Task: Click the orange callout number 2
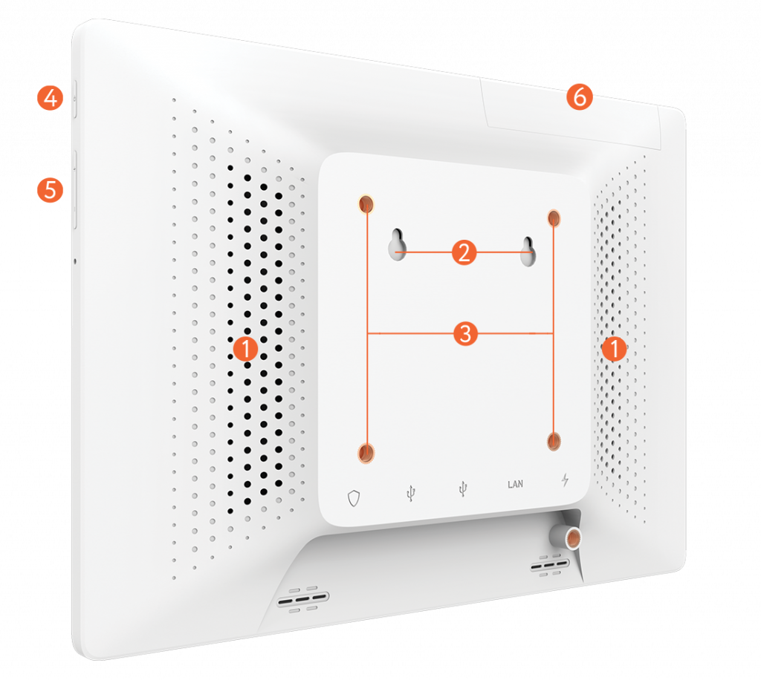pyautogui.click(x=464, y=252)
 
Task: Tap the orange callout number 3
pyautogui.click(x=465, y=333)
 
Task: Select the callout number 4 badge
pyautogui.click(x=50, y=98)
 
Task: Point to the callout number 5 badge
pyautogui.click(x=50, y=189)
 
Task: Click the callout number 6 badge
pyautogui.click(x=580, y=97)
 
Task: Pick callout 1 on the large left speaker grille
pyautogui.click(x=245, y=348)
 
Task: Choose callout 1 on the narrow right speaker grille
pyautogui.click(x=614, y=348)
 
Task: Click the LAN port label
pyautogui.click(x=516, y=484)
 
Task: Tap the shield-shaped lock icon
pyautogui.click(x=354, y=498)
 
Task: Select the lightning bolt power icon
pyautogui.click(x=565, y=480)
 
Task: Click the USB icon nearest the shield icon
pyautogui.click(x=410, y=493)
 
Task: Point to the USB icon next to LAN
pyautogui.click(x=463, y=488)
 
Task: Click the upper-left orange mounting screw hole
pyautogui.click(x=366, y=204)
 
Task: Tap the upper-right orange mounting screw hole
pyautogui.click(x=554, y=218)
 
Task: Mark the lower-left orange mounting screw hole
pyautogui.click(x=366, y=453)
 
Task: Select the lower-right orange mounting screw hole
pyautogui.click(x=554, y=442)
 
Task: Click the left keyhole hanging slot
pyautogui.click(x=398, y=244)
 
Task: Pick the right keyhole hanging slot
pyautogui.click(x=528, y=252)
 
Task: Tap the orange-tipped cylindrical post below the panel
pyautogui.click(x=566, y=537)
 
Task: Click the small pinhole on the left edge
pyautogui.click(x=75, y=261)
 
